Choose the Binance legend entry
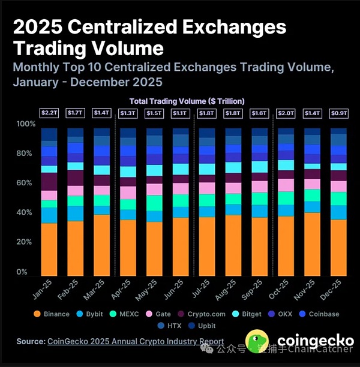click(x=52, y=314)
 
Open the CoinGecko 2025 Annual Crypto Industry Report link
click(x=135, y=342)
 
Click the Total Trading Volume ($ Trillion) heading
click(x=187, y=101)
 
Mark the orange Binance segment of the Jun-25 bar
click(x=181, y=246)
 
